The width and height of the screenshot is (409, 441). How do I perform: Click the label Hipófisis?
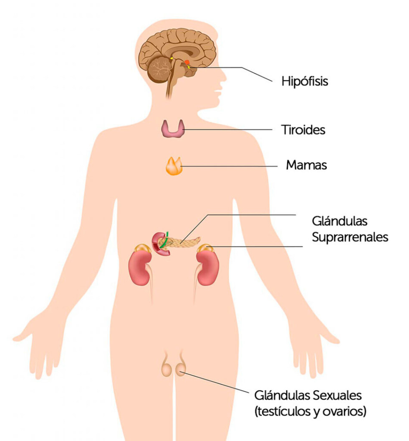[x=305, y=81]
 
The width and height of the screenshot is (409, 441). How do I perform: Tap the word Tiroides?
[x=303, y=130]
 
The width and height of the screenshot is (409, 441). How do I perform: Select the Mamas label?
[x=306, y=165]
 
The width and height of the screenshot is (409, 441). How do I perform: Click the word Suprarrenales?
[x=350, y=237]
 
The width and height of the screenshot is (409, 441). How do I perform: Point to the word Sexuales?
[x=337, y=395]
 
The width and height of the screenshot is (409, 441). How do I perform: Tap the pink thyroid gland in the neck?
[x=173, y=129]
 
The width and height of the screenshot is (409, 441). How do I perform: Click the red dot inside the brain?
[x=187, y=62]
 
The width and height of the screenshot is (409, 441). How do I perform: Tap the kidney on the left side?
[x=140, y=267]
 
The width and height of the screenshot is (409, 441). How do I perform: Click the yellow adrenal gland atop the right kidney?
[x=205, y=248]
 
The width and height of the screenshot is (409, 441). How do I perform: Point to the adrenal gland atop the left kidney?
[x=142, y=248]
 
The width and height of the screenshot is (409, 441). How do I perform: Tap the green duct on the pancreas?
[x=164, y=241]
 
